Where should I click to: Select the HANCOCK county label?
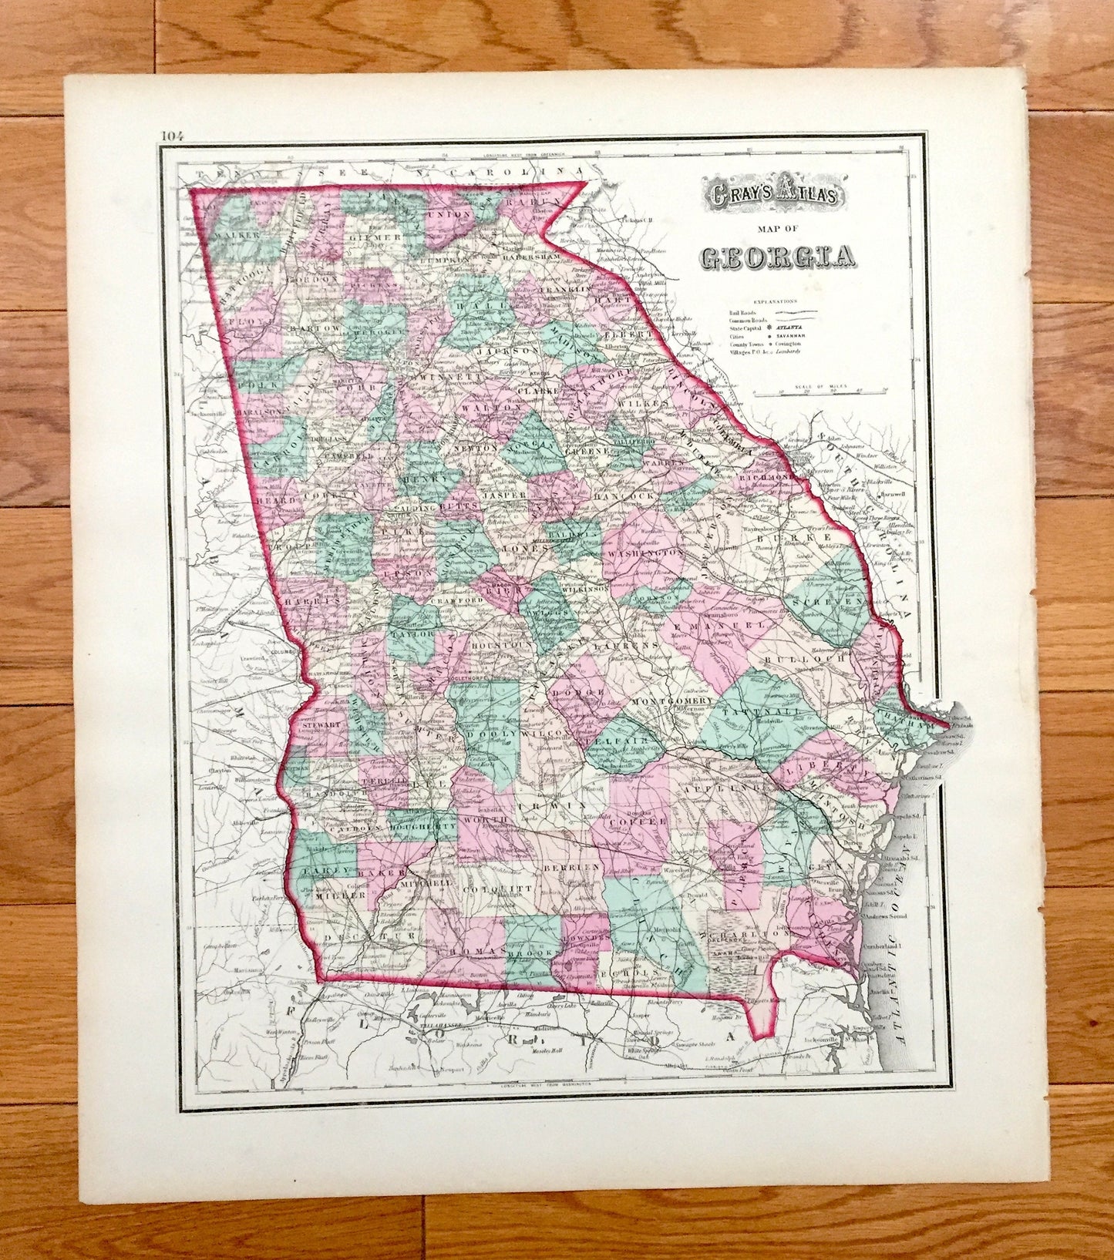tap(624, 497)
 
